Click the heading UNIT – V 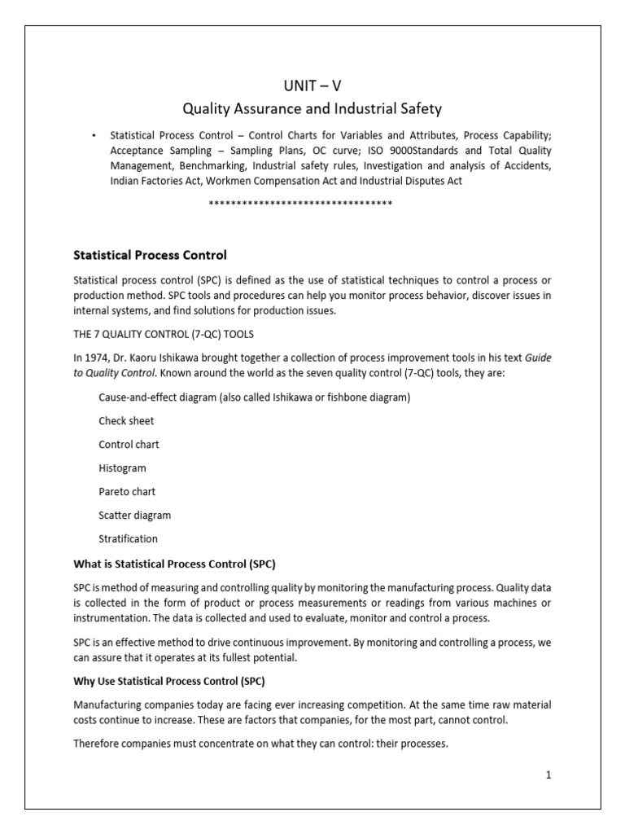[312, 84]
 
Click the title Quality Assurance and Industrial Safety [312, 108]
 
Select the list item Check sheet [126, 421]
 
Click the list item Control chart [129, 445]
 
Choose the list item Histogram [122, 468]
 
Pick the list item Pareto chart [127, 492]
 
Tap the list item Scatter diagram [134, 516]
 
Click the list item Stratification [128, 539]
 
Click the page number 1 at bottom [549, 775]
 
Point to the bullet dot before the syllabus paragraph [94, 135]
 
